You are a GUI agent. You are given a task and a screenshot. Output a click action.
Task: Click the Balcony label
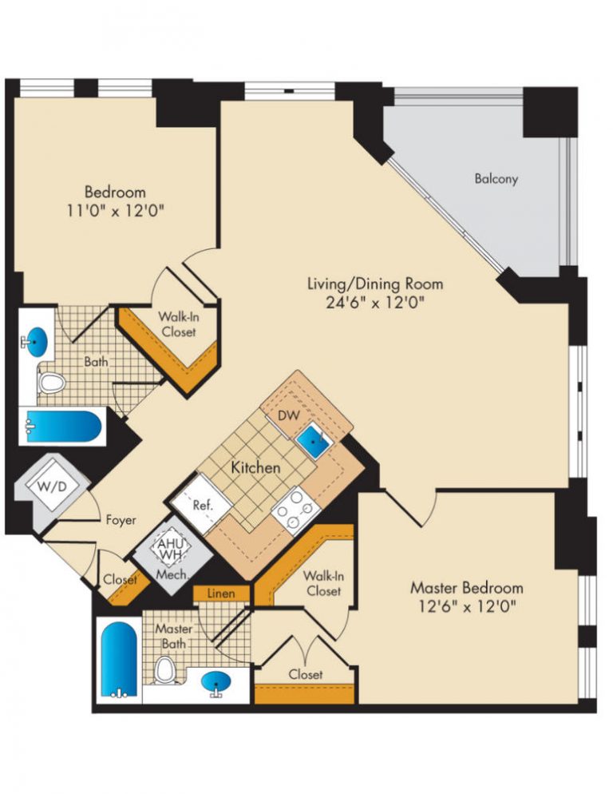(x=496, y=179)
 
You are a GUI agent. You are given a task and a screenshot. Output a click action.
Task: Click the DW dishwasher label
(x=287, y=415)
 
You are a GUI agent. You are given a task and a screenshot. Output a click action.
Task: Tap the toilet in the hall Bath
(x=52, y=383)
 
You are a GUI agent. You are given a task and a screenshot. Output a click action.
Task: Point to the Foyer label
(x=121, y=519)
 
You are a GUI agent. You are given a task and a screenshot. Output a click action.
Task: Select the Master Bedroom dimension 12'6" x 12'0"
(x=467, y=605)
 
